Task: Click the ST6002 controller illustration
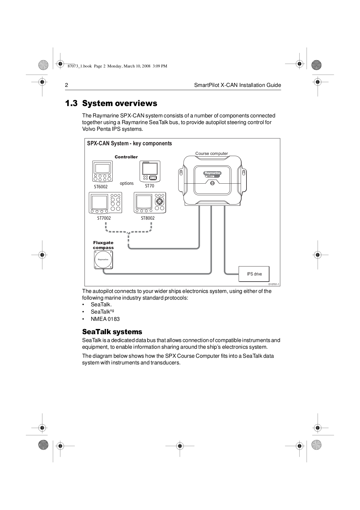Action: [102, 171]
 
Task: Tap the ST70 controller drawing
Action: [150, 171]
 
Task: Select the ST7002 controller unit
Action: [105, 203]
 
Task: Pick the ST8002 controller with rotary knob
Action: [150, 203]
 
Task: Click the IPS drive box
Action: [254, 274]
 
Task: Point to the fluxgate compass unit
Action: [103, 260]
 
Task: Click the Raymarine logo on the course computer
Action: [213, 173]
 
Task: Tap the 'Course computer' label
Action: [211, 153]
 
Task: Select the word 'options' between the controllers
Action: [127, 183]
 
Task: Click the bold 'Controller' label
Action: [126, 157]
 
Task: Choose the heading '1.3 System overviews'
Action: [111, 103]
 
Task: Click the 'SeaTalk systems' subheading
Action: [112, 332]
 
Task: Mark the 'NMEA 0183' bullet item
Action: [105, 319]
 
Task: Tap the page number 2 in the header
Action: [66, 85]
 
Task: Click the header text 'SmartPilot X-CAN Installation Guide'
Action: [237, 85]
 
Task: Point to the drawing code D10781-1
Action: [274, 284]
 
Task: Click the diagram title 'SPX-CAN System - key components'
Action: [129, 143]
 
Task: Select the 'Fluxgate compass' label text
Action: [103, 245]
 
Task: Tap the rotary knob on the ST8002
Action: [159, 201]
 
